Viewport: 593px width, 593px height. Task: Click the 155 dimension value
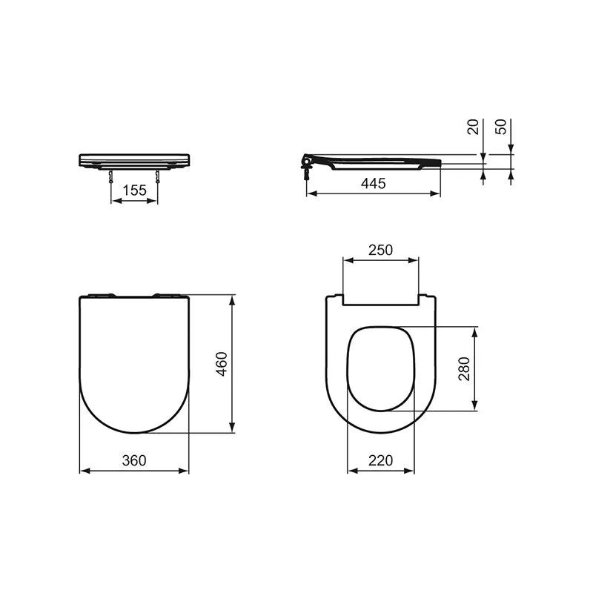pos(134,191)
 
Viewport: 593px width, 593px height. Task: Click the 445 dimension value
pos(374,185)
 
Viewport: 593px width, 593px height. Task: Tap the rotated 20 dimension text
pos(473,127)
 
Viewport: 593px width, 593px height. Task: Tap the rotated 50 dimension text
pos(502,127)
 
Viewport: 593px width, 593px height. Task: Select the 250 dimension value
pos(380,250)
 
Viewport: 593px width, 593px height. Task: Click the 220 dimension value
pos(380,460)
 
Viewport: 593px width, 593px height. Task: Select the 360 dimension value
pos(134,460)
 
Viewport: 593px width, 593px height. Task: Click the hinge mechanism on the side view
pos(306,161)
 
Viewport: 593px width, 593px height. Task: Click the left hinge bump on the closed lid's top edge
pos(102,296)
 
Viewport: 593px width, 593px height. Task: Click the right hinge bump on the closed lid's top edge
pos(165,296)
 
